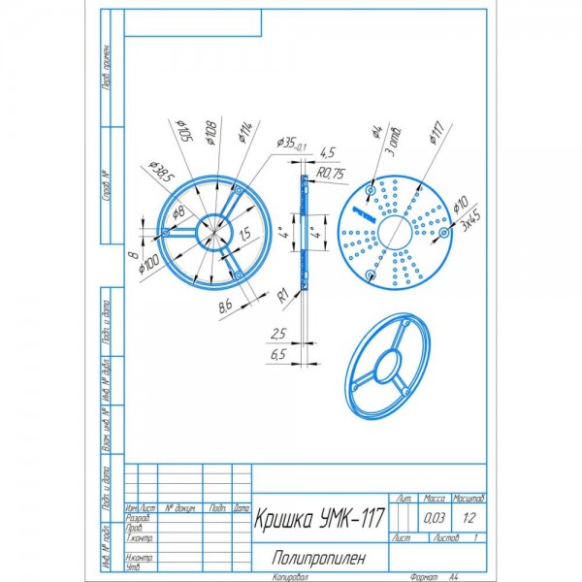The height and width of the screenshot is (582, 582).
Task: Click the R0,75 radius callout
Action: (332, 173)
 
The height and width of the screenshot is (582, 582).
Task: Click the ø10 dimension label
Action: (461, 206)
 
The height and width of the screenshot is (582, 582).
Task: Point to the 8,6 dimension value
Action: (224, 308)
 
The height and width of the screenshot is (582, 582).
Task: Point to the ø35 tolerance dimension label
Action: (291, 143)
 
